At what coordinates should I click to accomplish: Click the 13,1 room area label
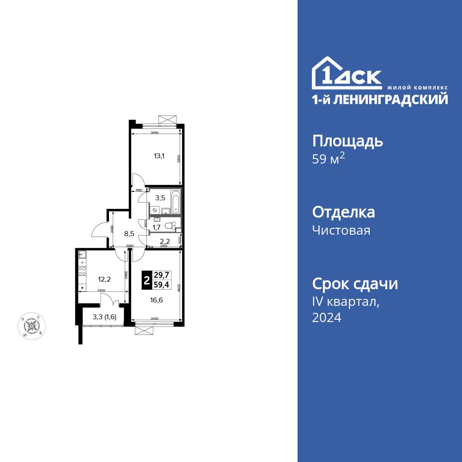(159, 156)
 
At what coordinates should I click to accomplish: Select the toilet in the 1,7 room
(173, 225)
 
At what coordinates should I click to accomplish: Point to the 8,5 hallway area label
(129, 233)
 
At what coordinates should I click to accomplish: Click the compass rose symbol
(31, 325)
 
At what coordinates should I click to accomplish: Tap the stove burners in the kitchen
(82, 272)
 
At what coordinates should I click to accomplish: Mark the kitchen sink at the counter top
(82, 254)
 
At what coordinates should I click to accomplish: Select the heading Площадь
(347, 140)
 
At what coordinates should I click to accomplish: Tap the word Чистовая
(341, 230)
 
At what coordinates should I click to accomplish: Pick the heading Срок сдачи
(355, 284)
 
